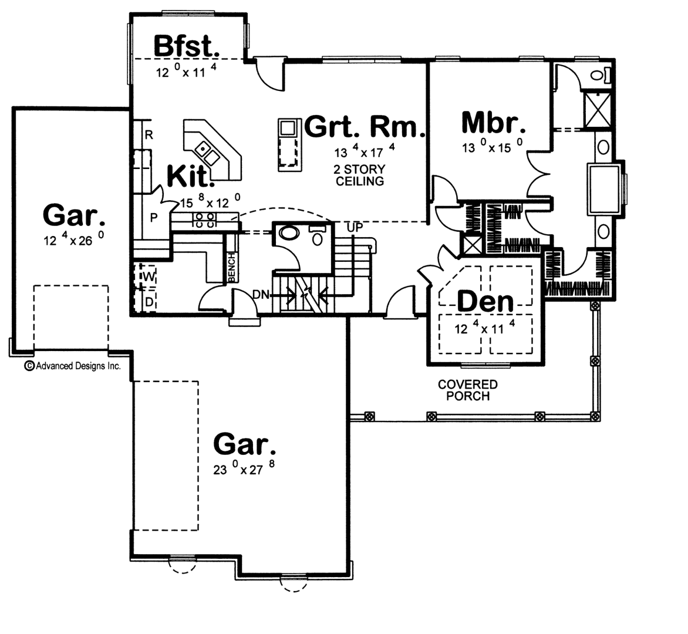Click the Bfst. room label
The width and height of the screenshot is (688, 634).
[x=186, y=46]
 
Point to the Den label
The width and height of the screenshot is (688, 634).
[x=485, y=302]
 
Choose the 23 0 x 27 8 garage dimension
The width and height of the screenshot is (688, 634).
[x=244, y=468]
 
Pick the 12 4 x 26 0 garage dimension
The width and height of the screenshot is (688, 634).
[x=74, y=239]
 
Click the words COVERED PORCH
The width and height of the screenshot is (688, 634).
[x=468, y=390]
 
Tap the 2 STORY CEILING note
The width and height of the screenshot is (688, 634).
[x=360, y=175]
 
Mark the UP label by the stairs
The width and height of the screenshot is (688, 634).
[x=355, y=228]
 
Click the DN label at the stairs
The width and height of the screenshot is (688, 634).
[x=261, y=295]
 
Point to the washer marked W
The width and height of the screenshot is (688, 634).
[x=149, y=276]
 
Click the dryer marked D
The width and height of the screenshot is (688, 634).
[x=149, y=302]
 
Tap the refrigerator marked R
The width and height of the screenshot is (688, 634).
[x=149, y=135]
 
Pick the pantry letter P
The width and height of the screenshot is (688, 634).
[x=154, y=218]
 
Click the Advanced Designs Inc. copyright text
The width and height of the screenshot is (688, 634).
[x=72, y=366]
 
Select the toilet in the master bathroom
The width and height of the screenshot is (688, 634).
[x=601, y=75]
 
